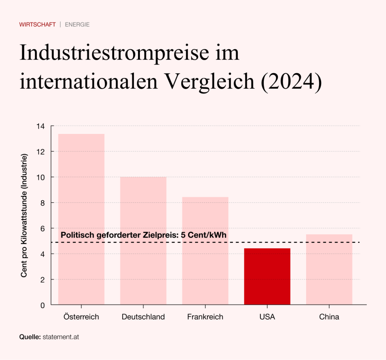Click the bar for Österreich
tap(81, 219)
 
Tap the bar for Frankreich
tap(205, 251)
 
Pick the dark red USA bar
tap(267, 276)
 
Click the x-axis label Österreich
tap(81, 317)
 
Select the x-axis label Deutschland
tap(143, 317)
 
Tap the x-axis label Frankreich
tap(205, 317)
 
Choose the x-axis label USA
tap(267, 317)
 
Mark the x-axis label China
tap(329, 317)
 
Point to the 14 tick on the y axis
tap(40, 126)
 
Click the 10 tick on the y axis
tap(40, 177)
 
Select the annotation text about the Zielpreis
tap(143, 235)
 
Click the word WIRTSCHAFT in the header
tap(37, 25)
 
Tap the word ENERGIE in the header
tap(77, 25)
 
